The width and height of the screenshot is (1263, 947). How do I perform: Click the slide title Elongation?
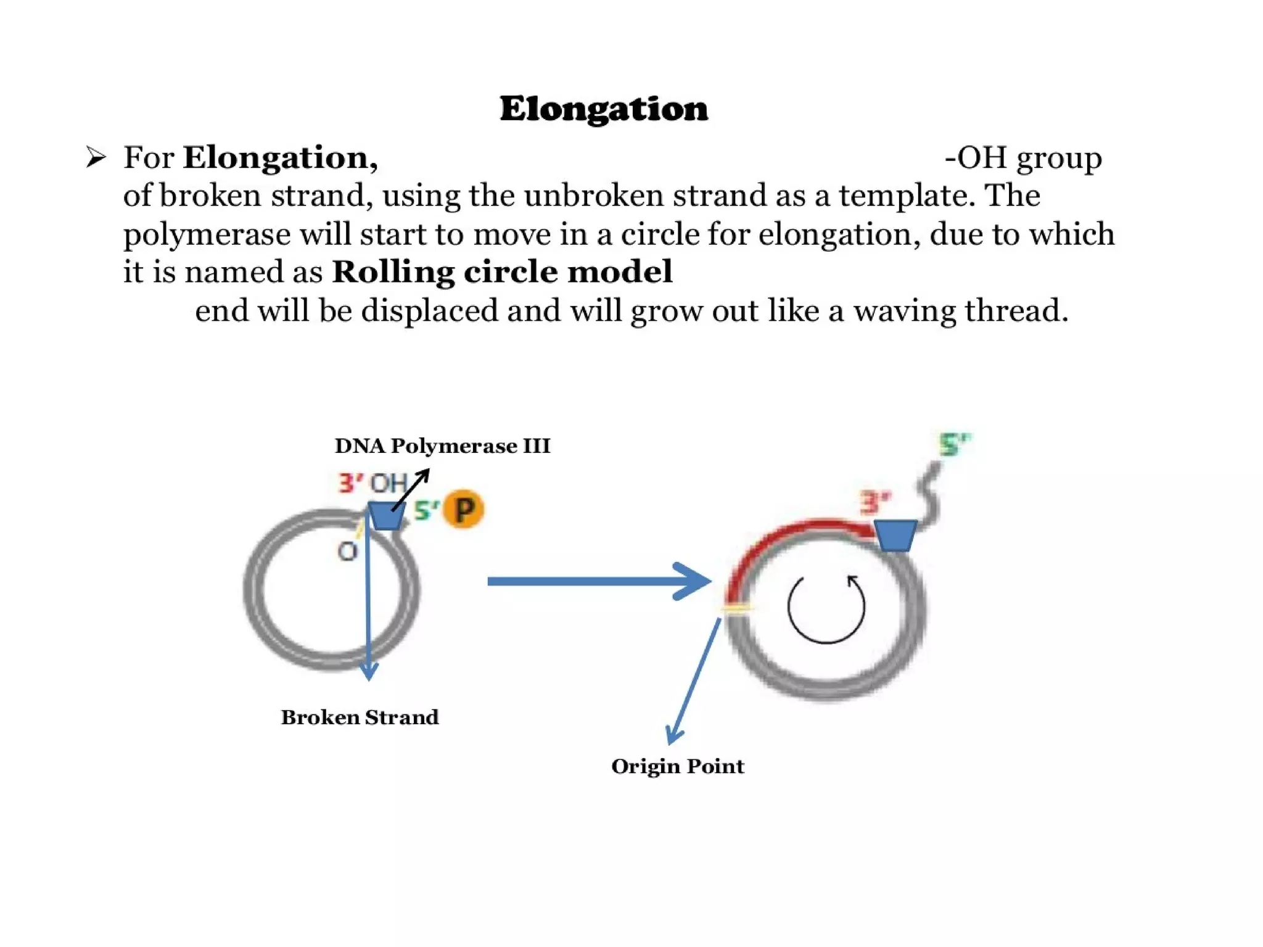[x=604, y=109]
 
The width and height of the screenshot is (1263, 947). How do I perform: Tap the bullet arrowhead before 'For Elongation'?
[x=96, y=157]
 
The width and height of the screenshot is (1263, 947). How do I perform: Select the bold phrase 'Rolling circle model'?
[x=502, y=271]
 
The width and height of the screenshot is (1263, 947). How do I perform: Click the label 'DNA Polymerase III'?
[x=442, y=445]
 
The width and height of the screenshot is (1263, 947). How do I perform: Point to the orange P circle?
[x=464, y=510]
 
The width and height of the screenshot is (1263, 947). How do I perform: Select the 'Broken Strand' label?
[x=360, y=717]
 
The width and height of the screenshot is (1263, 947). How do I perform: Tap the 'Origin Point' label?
[x=677, y=766]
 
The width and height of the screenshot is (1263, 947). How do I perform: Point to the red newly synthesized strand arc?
[x=783, y=537]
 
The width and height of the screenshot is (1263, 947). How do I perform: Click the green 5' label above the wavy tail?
[x=953, y=444]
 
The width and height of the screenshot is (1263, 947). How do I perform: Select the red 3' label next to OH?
[x=350, y=482]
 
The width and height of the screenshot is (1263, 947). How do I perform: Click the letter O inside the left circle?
[x=348, y=551]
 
